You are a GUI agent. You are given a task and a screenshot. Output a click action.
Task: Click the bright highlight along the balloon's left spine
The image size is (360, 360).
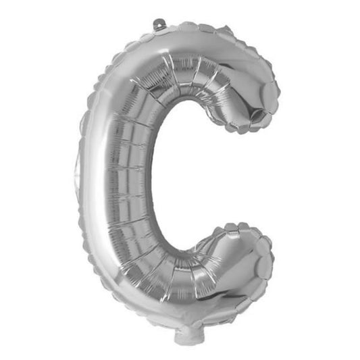coord(101,182)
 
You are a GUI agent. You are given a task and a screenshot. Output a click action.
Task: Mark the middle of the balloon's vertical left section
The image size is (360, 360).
coord(118,179)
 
